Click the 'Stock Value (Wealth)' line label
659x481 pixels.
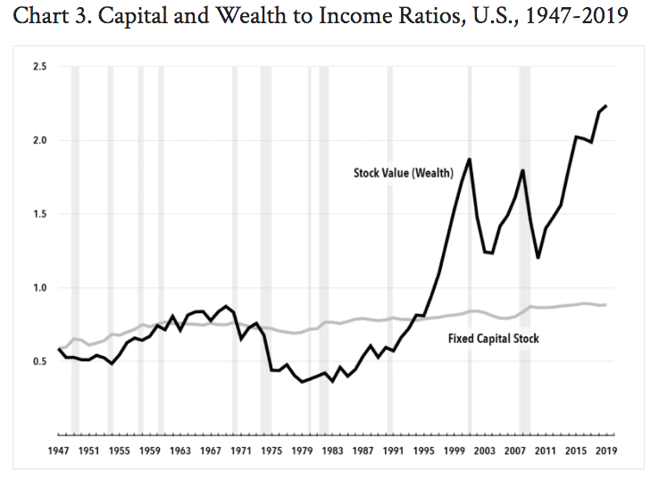[404, 173]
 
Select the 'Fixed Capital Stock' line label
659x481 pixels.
[493, 340]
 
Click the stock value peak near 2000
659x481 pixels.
[470, 159]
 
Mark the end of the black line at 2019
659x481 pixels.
[606, 106]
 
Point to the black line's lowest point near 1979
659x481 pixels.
[303, 382]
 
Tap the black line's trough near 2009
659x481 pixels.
[538, 258]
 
